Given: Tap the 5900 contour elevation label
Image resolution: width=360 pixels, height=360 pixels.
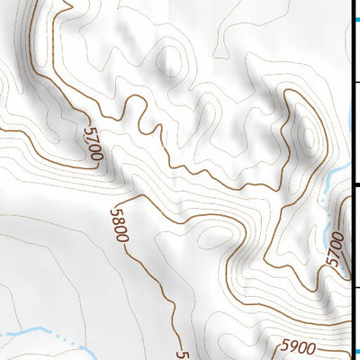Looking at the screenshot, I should tap(299, 346).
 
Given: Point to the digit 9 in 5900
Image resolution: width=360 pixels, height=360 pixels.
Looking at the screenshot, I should tap(293, 346).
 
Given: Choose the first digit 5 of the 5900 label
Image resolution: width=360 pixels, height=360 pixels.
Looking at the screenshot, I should tap(285, 346).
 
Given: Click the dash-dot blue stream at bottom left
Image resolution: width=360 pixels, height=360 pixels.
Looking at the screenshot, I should tap(54, 337).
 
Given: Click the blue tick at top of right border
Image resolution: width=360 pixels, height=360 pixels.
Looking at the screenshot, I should tap(355, 19).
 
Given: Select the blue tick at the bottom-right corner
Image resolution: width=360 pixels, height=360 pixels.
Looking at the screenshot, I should tap(355, 352).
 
